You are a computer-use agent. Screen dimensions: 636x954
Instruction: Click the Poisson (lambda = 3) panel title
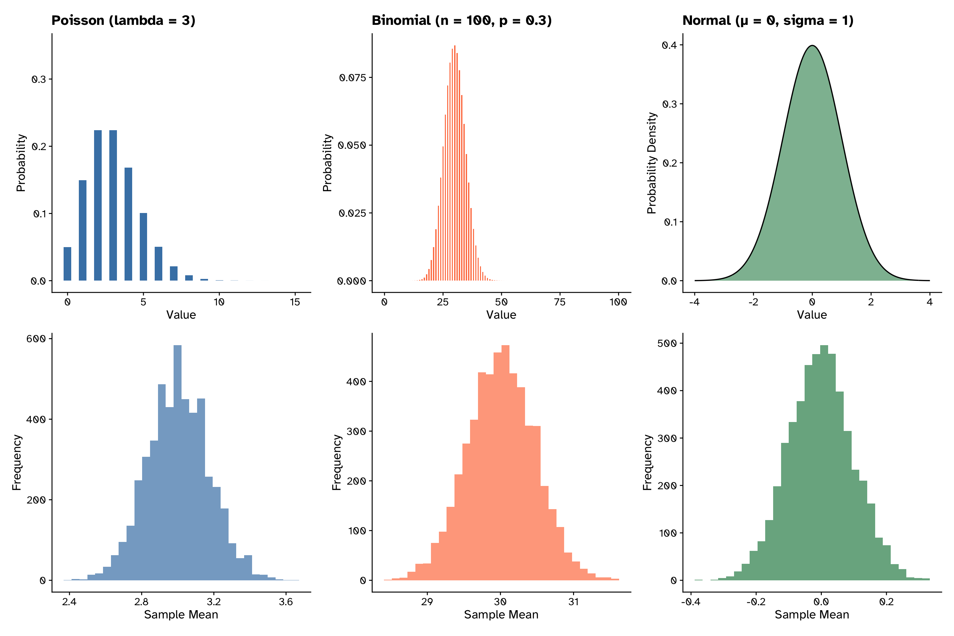coord(123,20)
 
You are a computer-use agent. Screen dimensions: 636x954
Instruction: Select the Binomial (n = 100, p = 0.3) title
coord(461,20)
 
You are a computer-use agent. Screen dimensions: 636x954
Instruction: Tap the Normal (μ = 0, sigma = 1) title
coord(768,20)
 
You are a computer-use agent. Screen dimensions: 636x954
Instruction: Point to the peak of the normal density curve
coord(812,46)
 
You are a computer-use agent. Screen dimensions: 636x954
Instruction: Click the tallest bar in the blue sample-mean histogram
coord(177,462)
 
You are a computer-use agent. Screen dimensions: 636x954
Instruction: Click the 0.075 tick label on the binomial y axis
coord(352,78)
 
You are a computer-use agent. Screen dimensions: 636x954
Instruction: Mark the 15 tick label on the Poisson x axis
coord(295,302)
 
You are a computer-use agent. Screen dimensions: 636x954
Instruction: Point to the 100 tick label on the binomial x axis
coord(618,302)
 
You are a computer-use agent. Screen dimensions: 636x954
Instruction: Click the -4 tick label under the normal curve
coord(694,302)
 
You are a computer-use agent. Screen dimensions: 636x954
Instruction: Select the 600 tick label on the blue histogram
coord(36,339)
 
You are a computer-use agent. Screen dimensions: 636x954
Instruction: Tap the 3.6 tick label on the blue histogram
coord(286,602)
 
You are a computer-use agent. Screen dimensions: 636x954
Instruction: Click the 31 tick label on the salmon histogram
coord(573,602)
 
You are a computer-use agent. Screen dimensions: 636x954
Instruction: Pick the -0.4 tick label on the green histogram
coord(690,602)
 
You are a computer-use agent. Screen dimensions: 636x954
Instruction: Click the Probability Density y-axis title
coord(652,163)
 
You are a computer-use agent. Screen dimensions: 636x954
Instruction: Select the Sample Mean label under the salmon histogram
coord(501,615)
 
